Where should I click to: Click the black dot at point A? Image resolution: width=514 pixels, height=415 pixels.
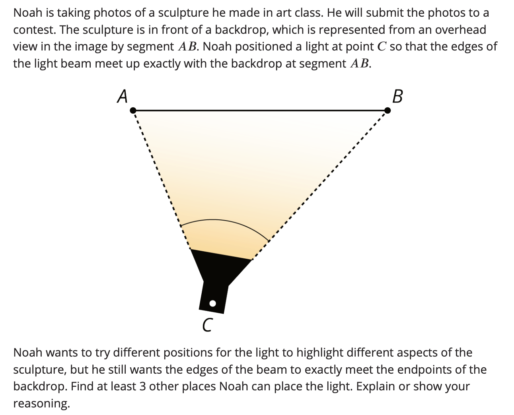click(x=133, y=111)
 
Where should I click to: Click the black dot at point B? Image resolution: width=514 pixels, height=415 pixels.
click(x=387, y=111)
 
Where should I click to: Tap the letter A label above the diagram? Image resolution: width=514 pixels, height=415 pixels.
click(x=123, y=96)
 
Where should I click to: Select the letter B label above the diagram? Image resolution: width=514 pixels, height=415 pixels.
click(x=397, y=96)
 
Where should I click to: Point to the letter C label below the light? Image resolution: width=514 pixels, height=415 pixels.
click(x=207, y=325)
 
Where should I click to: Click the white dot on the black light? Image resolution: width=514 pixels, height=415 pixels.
click(x=212, y=303)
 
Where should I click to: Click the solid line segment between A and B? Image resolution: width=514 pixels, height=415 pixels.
click(x=260, y=111)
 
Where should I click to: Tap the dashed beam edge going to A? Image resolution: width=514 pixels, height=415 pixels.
click(x=162, y=180)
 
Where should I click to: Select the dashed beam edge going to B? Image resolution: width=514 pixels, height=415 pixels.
click(x=319, y=185)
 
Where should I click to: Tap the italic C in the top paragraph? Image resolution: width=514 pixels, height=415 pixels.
click(x=382, y=47)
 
